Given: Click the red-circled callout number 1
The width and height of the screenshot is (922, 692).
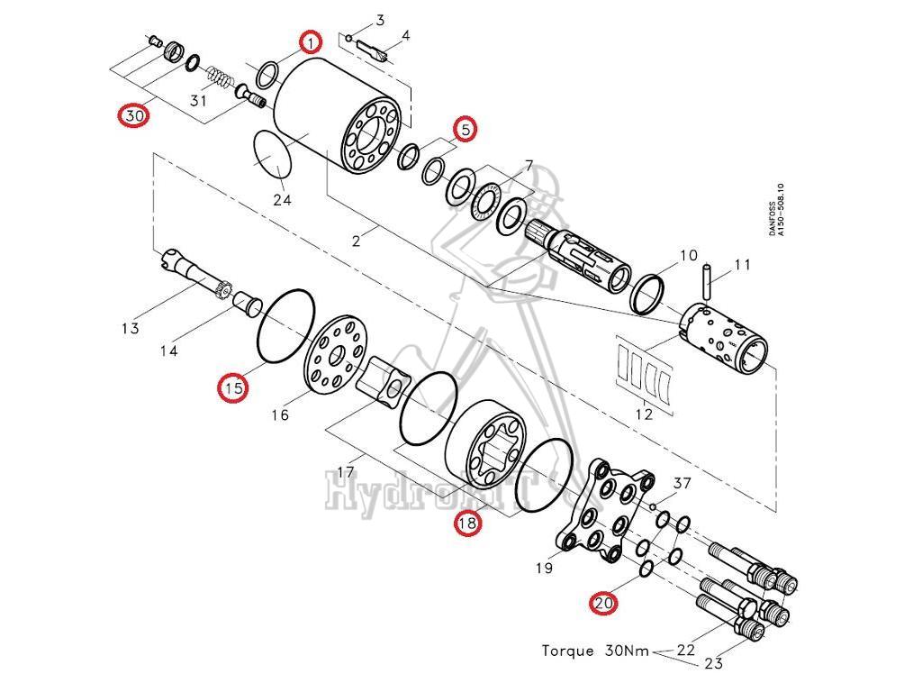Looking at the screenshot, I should tap(311, 41).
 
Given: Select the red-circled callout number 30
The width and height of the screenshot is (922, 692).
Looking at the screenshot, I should tap(134, 116).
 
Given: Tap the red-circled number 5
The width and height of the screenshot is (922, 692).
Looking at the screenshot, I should tap(465, 129).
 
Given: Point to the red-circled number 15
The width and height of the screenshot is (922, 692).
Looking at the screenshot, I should tap(233, 388).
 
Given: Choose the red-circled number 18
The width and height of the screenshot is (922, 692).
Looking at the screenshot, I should tap(466, 523).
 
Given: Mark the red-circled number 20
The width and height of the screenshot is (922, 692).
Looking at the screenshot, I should tap(603, 603).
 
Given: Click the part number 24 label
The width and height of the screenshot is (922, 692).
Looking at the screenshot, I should tap(282, 200).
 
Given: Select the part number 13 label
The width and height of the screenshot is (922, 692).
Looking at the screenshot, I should tap(130, 328).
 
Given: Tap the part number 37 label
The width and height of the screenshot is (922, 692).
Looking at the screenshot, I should tap(682, 484).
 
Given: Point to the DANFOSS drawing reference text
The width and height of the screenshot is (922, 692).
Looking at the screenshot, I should tap(776, 211).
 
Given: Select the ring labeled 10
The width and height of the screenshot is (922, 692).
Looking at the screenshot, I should tap(647, 295).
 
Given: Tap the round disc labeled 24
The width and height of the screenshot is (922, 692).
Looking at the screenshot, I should tap(273, 155).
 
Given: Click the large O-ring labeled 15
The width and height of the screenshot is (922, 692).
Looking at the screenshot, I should tap(285, 323).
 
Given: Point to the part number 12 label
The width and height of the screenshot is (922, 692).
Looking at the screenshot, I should tap(643, 415).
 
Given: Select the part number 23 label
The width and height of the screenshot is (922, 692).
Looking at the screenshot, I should tap(713, 664).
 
